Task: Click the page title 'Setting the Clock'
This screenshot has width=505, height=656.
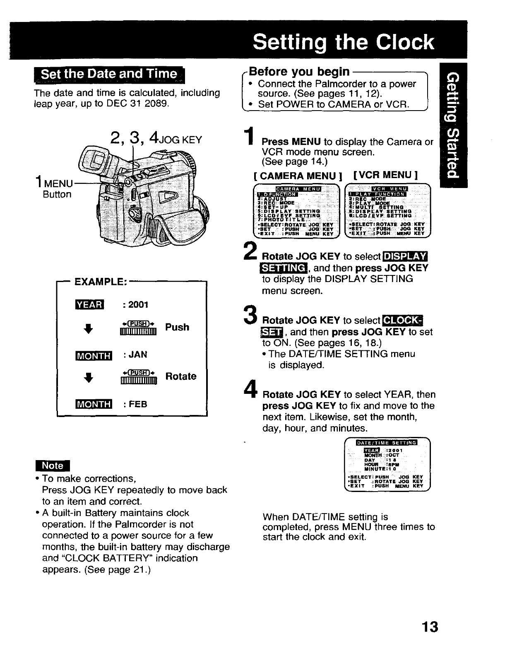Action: tap(343, 43)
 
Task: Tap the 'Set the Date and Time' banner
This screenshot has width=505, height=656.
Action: tap(109, 75)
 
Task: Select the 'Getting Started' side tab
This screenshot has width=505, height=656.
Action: tap(454, 125)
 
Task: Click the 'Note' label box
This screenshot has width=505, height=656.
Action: tap(53, 465)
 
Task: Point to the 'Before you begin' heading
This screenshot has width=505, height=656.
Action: tap(299, 72)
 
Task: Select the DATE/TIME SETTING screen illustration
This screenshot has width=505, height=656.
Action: tap(387, 464)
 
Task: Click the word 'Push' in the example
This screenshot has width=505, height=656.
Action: tap(177, 327)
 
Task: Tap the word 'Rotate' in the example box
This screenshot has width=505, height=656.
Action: tap(181, 376)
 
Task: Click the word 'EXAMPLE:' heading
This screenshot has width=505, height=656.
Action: tap(100, 282)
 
